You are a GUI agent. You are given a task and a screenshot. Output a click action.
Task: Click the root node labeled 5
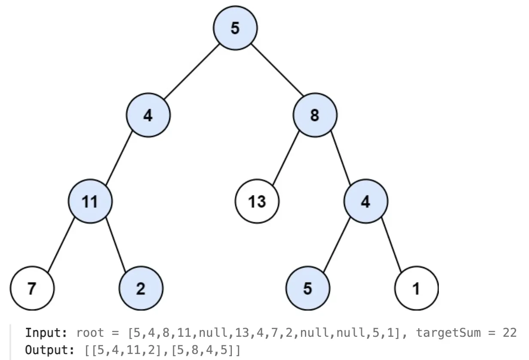point(235,28)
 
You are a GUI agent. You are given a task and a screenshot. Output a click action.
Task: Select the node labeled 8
point(315,115)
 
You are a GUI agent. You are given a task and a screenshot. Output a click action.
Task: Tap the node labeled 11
point(90,201)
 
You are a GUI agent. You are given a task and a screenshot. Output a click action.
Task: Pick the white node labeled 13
point(257,201)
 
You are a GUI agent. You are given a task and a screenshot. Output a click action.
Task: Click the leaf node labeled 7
point(32,288)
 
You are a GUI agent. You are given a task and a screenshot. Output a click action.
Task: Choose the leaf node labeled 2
point(141,288)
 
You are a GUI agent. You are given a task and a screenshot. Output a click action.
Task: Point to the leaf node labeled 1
point(417,288)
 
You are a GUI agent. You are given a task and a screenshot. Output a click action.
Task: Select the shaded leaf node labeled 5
point(308,288)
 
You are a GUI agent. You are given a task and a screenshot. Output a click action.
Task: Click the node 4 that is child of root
point(148,115)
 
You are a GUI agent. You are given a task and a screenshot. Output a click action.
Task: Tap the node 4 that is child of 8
point(366,201)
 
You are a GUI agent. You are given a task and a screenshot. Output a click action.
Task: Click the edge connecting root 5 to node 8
point(277,70)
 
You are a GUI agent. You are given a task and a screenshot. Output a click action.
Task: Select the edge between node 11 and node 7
point(61,244)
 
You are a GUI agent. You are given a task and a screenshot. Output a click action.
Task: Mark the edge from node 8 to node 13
point(286,158)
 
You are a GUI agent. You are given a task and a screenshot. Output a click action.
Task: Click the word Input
point(46,333)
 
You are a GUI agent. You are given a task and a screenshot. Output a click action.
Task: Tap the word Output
point(50,350)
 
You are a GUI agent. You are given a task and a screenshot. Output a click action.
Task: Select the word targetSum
point(448,333)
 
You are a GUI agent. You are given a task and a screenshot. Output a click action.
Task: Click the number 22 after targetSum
point(510,333)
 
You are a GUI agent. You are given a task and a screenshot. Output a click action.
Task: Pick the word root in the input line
point(90,333)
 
